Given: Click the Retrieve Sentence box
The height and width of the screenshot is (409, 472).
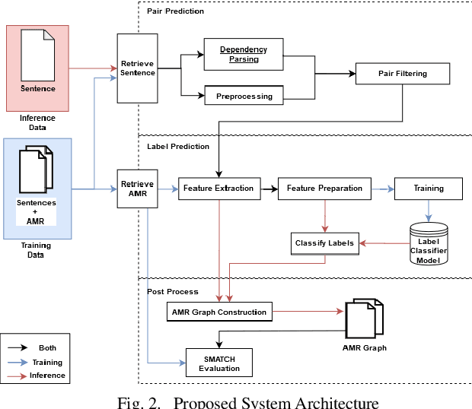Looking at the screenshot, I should pyautogui.click(x=137, y=67).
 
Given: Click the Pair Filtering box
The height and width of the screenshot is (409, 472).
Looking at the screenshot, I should pyautogui.click(x=403, y=74).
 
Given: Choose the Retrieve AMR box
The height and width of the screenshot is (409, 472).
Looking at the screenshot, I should pyautogui.click(x=137, y=189).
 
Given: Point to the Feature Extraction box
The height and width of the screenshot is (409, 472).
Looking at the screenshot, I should pyautogui.click(x=218, y=188).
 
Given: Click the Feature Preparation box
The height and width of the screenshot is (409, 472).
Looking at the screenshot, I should pyautogui.click(x=324, y=188).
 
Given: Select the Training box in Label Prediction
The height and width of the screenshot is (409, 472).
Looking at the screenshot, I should pyautogui.click(x=429, y=188).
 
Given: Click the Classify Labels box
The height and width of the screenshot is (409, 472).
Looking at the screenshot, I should pyautogui.click(x=324, y=243).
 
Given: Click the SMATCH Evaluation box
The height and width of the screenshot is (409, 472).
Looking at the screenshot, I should pyautogui.click(x=220, y=363).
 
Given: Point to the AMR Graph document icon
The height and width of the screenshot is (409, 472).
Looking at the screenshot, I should pyautogui.click(x=364, y=319).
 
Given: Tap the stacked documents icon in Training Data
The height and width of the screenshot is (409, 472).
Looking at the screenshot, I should pyautogui.click(x=37, y=170).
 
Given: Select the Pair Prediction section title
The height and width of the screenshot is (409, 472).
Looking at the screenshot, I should pyautogui.click(x=175, y=11).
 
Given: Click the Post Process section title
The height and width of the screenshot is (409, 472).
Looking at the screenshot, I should pyautogui.click(x=173, y=291).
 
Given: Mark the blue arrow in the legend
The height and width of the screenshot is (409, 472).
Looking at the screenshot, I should pyautogui.click(x=18, y=362).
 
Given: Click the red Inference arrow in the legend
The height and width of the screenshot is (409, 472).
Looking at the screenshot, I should pyautogui.click(x=18, y=375).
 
